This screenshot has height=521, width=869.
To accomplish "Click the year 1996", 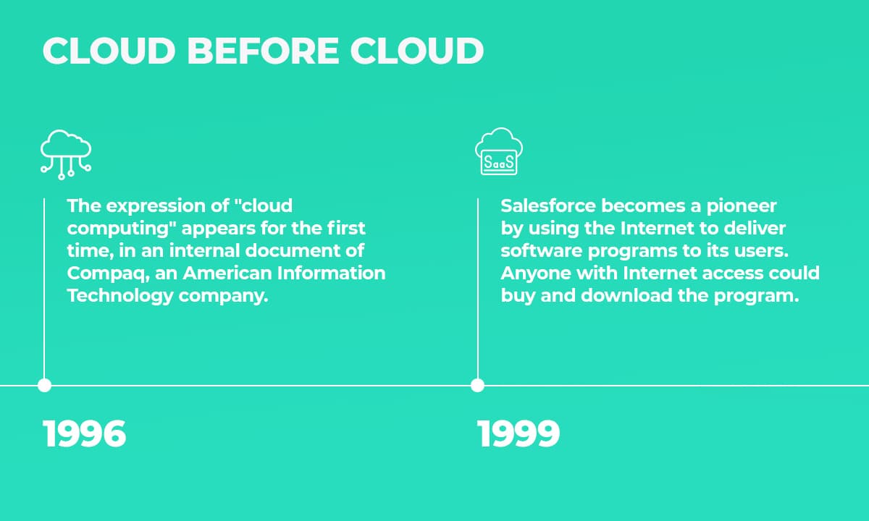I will coord(85,434).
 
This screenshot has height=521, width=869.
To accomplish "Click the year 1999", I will coord(519,434).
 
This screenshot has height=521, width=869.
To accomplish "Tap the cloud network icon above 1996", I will coord(65,152).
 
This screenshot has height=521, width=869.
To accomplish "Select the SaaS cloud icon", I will coord(499,152).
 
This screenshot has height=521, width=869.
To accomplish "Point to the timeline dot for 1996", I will coord(44,386).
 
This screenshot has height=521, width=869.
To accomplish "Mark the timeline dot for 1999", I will coord(477,386).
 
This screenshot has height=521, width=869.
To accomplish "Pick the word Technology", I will coord(109,296).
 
